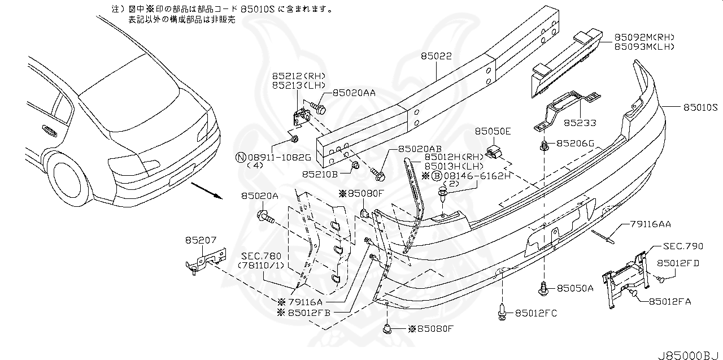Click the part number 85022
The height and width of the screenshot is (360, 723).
point(435,57)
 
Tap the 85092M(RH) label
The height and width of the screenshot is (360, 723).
point(644,37)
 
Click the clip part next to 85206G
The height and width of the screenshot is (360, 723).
point(544,147)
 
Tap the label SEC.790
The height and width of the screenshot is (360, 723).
point(683,246)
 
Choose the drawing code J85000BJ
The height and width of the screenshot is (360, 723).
point(689,354)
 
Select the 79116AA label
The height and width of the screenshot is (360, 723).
point(649,224)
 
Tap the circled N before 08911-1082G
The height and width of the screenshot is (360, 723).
point(240,157)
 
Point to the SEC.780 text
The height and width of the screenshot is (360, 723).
point(261,255)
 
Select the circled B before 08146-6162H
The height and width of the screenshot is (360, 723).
point(437,176)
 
